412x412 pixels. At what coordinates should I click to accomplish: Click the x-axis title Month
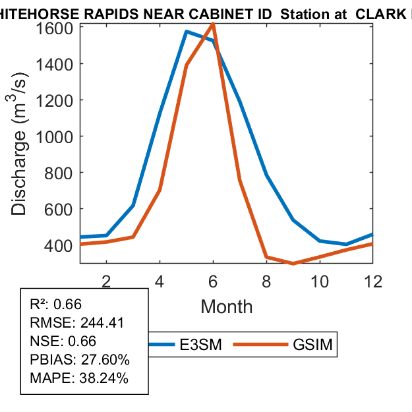tap(226, 306)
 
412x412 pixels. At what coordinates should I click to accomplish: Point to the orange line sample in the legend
tap(262, 345)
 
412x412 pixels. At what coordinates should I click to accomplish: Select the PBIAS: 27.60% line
tap(80, 360)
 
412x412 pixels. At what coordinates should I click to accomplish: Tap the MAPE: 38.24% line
tap(79, 378)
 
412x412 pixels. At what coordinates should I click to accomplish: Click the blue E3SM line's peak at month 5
tap(187, 31)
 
